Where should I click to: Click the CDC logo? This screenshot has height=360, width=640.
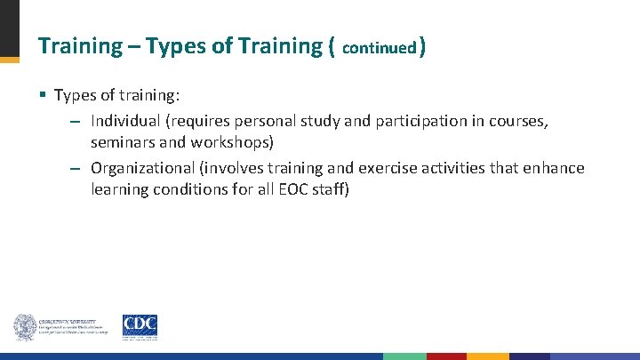tap(140, 327)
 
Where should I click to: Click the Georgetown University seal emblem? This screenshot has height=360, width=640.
tap(24, 327)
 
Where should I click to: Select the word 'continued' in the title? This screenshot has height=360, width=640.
tap(379, 47)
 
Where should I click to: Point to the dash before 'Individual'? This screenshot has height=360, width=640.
tap(76, 122)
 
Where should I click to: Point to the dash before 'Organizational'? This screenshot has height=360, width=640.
tap(76, 169)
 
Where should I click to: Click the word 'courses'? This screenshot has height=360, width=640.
tap(519, 121)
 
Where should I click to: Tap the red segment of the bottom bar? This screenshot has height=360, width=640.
tap(446, 356)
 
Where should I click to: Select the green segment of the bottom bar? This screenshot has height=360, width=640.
tap(404, 356)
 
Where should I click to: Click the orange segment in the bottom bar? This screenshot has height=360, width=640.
tap(487, 356)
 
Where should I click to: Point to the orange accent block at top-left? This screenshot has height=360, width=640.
tap(9, 60)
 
